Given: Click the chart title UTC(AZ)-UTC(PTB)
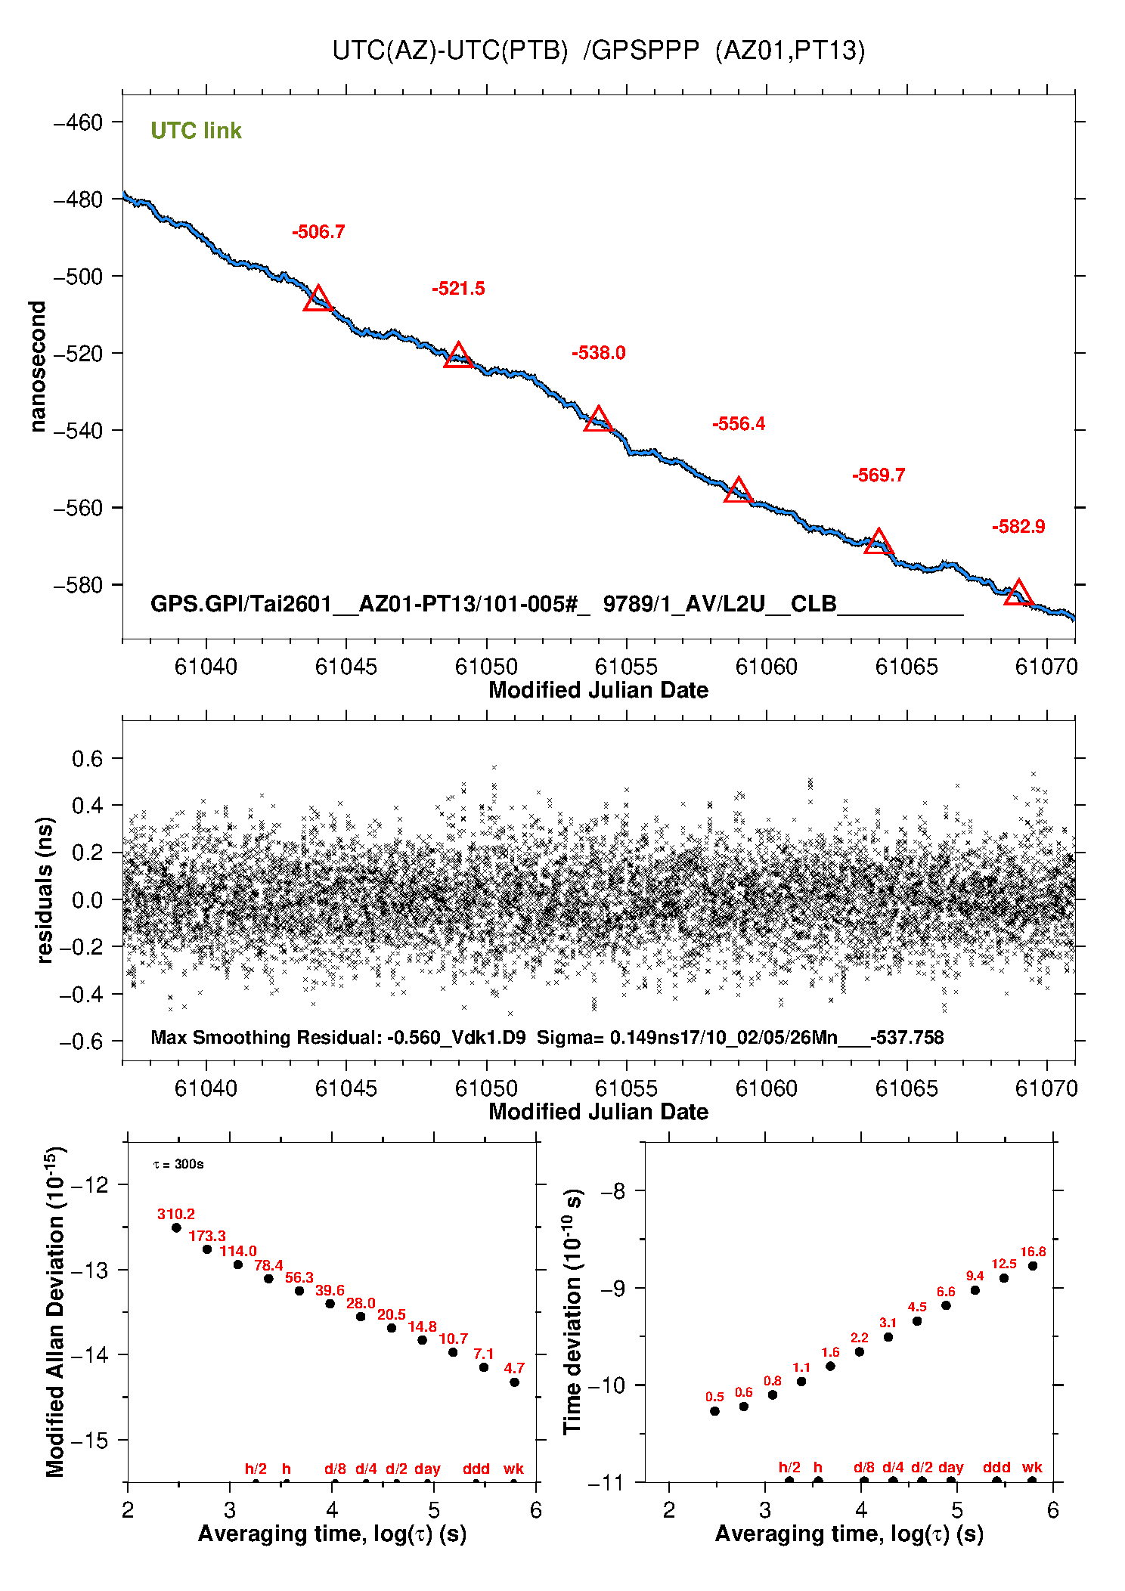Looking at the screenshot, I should tap(450, 51).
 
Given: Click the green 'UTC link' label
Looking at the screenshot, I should tap(196, 131).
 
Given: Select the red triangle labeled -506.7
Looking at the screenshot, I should tap(318, 299).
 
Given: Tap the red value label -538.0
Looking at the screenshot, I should tap(598, 353).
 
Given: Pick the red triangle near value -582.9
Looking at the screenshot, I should tap(1018, 593).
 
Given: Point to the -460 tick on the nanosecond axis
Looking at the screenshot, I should tap(78, 122).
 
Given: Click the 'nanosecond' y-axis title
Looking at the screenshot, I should tap(38, 367).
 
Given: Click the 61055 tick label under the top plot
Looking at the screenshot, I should tap(626, 667).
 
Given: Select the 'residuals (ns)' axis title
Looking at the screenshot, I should tap(45, 890).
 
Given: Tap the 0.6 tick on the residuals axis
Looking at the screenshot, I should tap(87, 759).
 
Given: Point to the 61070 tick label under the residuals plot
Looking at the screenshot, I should tap(1046, 1088).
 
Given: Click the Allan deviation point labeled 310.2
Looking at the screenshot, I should tap(176, 1227).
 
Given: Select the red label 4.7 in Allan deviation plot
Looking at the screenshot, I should tap(514, 1368).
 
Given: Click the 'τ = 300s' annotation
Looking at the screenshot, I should tap(178, 1164).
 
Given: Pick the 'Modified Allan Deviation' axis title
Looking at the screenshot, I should tap(54, 1312).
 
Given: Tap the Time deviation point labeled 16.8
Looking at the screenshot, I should tap(1033, 1266).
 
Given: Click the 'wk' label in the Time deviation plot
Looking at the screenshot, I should tap(1032, 1467).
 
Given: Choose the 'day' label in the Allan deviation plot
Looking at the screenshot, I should tap(427, 1469).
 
